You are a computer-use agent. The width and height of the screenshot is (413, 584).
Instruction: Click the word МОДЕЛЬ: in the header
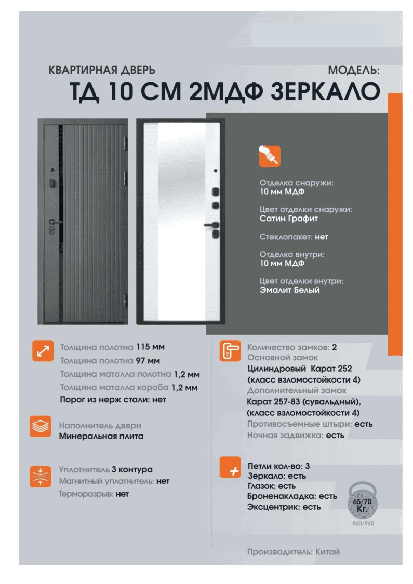(x=354, y=70)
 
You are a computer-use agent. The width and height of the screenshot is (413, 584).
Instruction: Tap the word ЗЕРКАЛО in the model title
(x=325, y=91)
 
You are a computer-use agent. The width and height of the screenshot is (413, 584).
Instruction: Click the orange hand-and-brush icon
(x=270, y=156)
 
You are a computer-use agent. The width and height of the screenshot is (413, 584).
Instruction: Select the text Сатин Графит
(x=288, y=219)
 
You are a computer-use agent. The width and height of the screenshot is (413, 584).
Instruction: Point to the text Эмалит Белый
(x=290, y=290)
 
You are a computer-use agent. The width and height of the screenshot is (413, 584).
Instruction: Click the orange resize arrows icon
(x=43, y=351)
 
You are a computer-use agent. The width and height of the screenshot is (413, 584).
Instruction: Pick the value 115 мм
(x=150, y=347)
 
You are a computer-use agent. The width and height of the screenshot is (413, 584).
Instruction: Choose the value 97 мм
(x=148, y=361)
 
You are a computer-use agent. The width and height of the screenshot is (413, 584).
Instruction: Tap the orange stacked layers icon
(x=40, y=427)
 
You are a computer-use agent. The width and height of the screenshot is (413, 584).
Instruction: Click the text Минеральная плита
(x=101, y=436)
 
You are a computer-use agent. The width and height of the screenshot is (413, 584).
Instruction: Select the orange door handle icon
(x=230, y=351)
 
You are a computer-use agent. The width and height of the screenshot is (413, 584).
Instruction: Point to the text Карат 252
(x=331, y=369)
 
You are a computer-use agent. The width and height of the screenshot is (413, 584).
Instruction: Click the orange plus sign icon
(x=230, y=467)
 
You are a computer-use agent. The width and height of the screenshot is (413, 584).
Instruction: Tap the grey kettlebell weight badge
(x=362, y=500)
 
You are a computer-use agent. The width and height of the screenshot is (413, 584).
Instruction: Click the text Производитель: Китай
(x=294, y=552)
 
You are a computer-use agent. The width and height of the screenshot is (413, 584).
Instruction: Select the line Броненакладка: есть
(x=292, y=496)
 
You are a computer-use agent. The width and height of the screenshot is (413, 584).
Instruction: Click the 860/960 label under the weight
(x=363, y=523)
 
